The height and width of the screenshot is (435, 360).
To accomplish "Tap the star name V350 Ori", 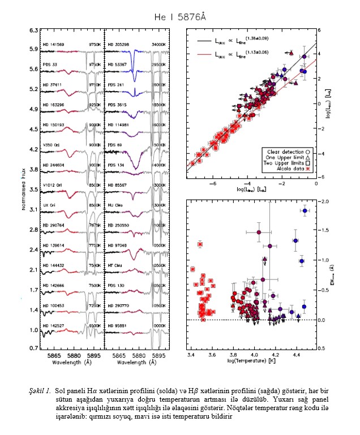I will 52,145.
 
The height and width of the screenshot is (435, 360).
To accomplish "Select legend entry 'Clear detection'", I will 276,151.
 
